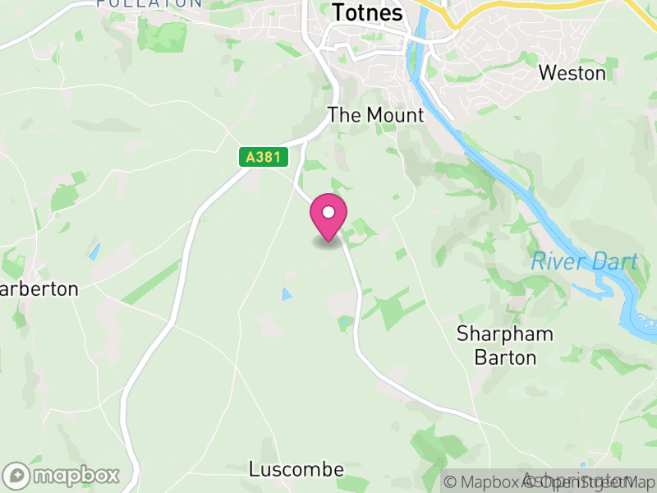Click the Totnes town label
click(x=367, y=13)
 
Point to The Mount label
click(x=375, y=115)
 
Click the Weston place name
click(x=572, y=73)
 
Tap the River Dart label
click(x=584, y=262)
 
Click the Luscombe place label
click(x=296, y=469)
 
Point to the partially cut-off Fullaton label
click(x=149, y=3)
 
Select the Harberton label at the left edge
click(x=39, y=289)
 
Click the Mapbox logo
click(x=62, y=475)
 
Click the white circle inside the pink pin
click(x=328, y=212)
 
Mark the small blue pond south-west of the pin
click(x=286, y=293)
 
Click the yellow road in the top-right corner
click(x=526, y=7)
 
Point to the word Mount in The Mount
click(x=395, y=115)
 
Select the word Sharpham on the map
click(x=505, y=334)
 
